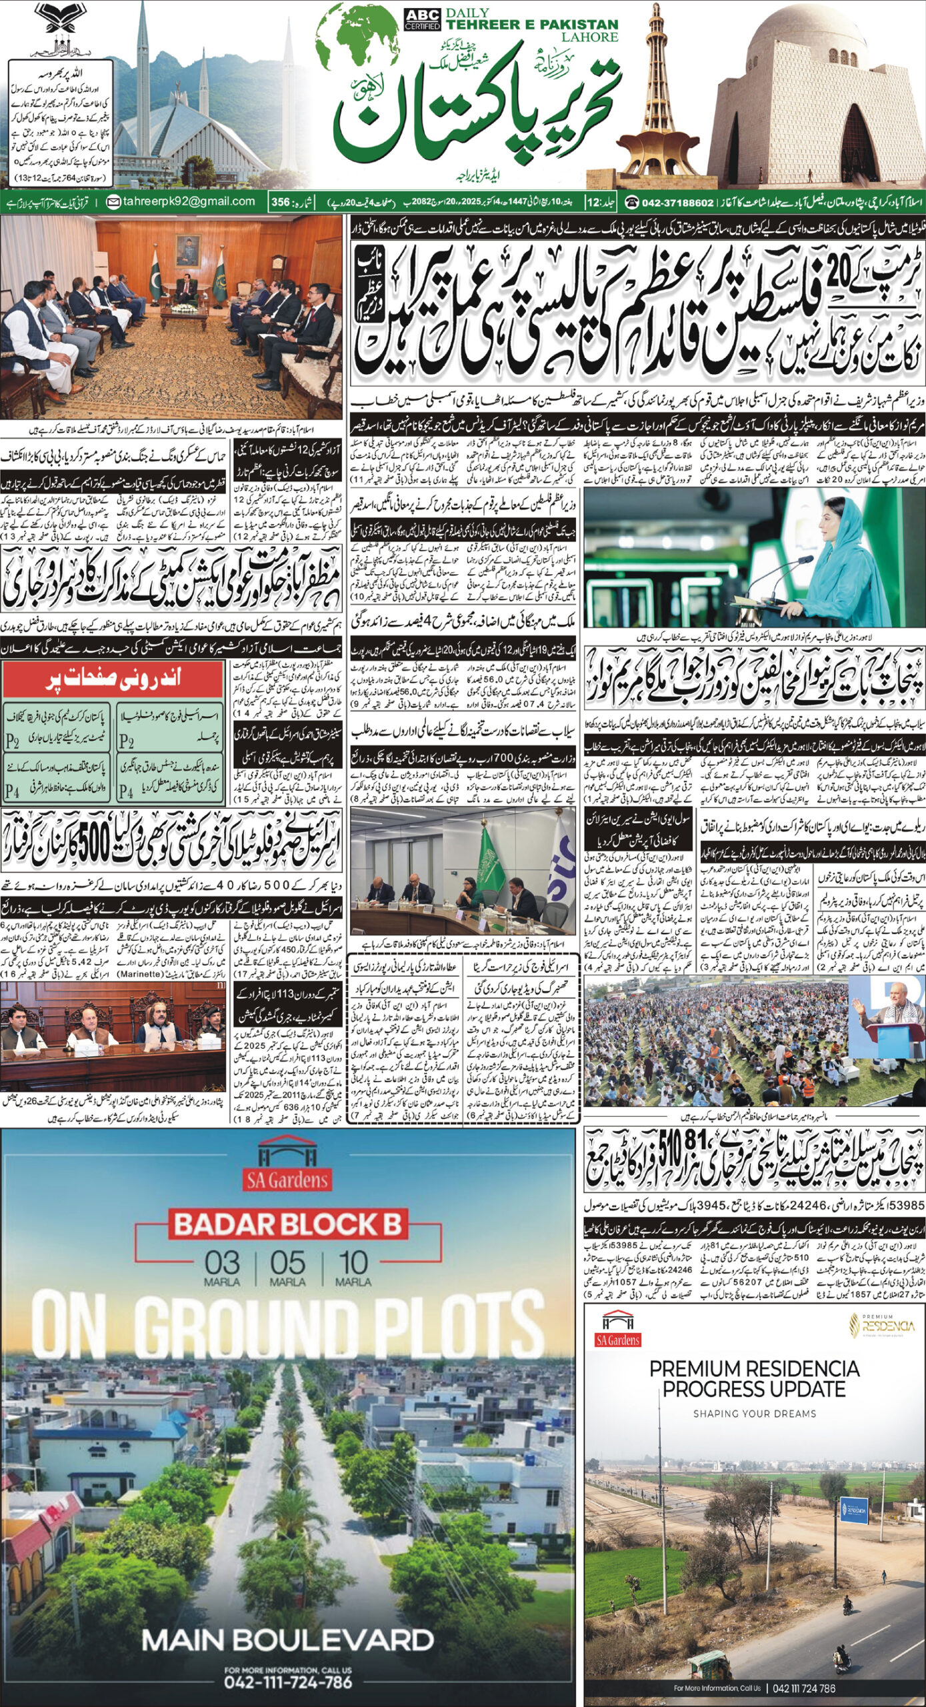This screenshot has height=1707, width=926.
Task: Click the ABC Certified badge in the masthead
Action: click(x=422, y=19)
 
